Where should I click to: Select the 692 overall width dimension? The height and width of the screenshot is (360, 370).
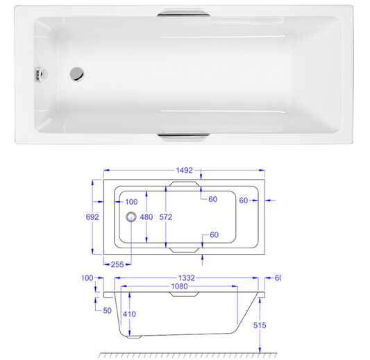tap(92, 216)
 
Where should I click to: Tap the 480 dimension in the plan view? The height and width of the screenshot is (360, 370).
tap(146, 216)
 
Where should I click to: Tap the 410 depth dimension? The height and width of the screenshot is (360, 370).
tap(130, 314)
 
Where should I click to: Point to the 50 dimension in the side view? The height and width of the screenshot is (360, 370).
tap(108, 310)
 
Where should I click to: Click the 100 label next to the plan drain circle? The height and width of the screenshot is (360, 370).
tap(131, 201)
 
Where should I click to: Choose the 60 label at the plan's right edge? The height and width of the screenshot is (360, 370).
tap(244, 200)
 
